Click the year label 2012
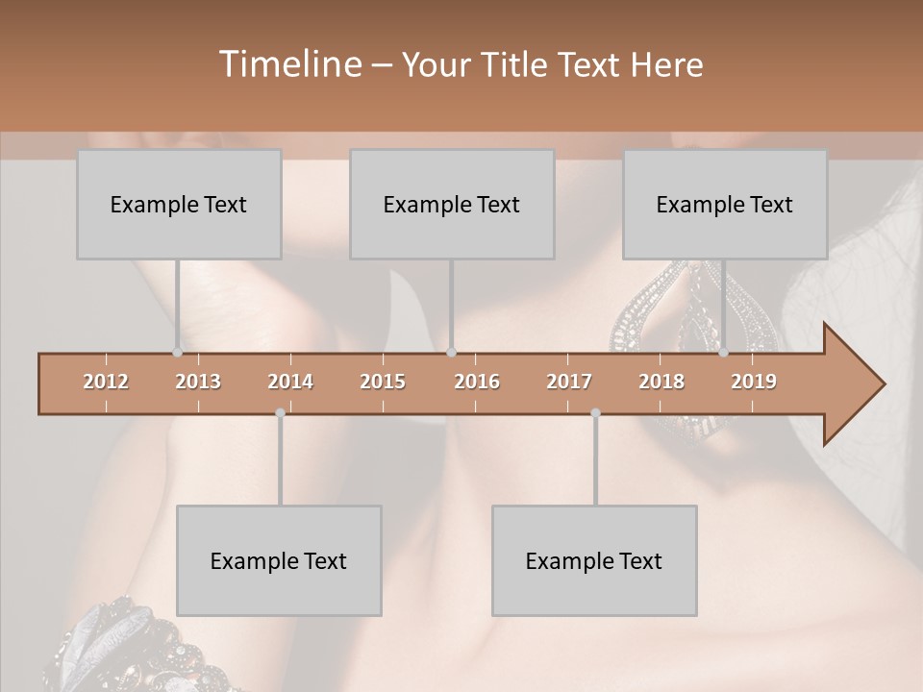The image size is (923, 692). tap(106, 382)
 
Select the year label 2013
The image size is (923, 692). tap(198, 382)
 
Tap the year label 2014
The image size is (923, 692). tap(290, 382)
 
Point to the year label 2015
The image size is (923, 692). tap(383, 382)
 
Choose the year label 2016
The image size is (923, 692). tap(477, 382)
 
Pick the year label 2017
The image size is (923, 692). tap(569, 382)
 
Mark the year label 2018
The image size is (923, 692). tap(661, 382)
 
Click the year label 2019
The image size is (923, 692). tap(754, 382)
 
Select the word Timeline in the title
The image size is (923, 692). tap(288, 64)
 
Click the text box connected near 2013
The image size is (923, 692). tap(179, 204)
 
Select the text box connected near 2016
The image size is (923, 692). tap(452, 204)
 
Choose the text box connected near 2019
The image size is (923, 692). tap(725, 204)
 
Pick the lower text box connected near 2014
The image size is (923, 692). tap(279, 560)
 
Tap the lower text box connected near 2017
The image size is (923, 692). tap(594, 560)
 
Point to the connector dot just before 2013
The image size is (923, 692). tap(177, 352)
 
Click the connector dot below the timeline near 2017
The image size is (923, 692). tap(595, 413)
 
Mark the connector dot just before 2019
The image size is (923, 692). tap(723, 352)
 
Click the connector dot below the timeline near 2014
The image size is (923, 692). tap(280, 413)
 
